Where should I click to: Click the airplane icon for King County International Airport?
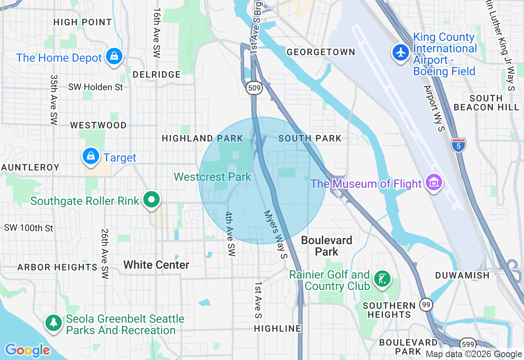pos(400,52)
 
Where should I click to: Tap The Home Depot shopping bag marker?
pos(114,56)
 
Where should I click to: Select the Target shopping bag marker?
pos(90,156)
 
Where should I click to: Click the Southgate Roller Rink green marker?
pos(151,200)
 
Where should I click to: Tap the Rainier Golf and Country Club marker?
pos(382,279)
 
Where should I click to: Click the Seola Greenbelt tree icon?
pos(54,322)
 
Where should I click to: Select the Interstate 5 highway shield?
pos(458,145)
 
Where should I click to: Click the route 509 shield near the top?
pos(254,87)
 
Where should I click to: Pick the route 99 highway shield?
pos(426,304)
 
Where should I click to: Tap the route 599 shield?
pos(467,344)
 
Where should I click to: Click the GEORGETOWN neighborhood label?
pos(321,52)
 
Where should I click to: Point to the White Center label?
pos(156,265)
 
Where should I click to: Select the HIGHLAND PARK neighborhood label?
pos(202,138)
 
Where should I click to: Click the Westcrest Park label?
pos(212,177)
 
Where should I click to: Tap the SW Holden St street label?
pos(95,87)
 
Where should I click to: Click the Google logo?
pos(27,350)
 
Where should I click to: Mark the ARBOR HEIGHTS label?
pos(57,267)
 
